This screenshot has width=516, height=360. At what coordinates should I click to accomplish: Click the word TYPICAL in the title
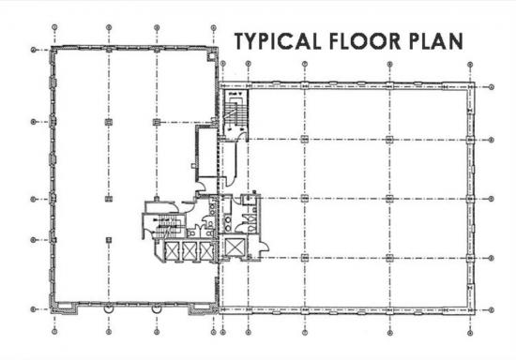pyautogui.click(x=278, y=41)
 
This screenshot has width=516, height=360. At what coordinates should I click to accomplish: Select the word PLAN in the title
pyautogui.click(x=435, y=41)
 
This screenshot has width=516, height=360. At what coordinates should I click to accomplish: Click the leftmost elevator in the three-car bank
pyautogui.click(x=172, y=251)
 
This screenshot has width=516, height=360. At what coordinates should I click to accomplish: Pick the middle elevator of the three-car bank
pyautogui.click(x=189, y=251)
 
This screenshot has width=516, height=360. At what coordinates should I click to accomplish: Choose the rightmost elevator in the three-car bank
pyautogui.click(x=206, y=251)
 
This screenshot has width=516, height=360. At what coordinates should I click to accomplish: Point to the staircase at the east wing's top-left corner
pyautogui.click(x=234, y=112)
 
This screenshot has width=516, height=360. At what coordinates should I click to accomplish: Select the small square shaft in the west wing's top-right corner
pyautogui.click(x=211, y=56)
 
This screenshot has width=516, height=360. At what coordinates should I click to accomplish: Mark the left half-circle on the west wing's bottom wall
pyautogui.click(x=109, y=308)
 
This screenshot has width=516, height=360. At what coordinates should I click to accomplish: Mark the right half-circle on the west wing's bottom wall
pyautogui.click(x=157, y=308)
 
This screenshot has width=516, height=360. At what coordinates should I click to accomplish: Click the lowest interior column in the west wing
pyautogui.click(x=109, y=240)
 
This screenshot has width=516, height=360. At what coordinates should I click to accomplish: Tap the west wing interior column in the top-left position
pyautogui.click(x=109, y=122)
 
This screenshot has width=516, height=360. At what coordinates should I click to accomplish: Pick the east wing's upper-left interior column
pyautogui.click(x=304, y=140)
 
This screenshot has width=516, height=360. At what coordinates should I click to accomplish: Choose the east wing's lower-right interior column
pyautogui.click(x=389, y=258)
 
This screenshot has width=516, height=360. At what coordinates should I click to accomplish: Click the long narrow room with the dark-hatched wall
pyautogui.click(x=206, y=152)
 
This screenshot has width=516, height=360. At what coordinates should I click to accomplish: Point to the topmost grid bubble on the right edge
pyautogui.click(x=492, y=87)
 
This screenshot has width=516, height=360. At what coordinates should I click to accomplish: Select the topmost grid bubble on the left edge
pyautogui.click(x=33, y=50)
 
